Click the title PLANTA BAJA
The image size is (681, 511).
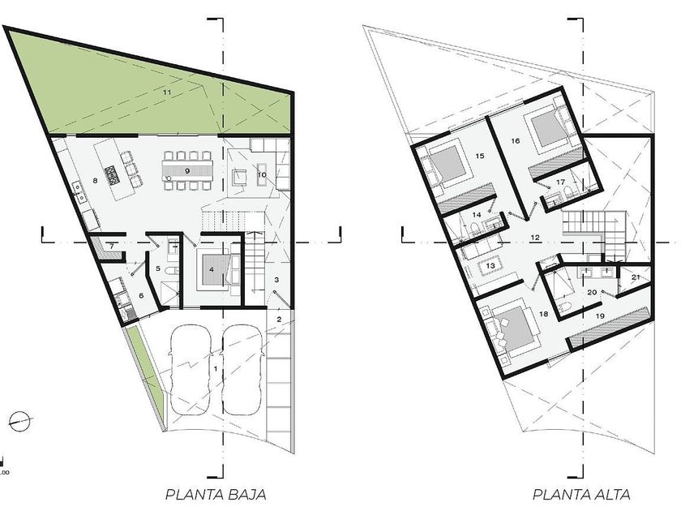click(216, 495)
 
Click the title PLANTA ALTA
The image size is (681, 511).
click(581, 495)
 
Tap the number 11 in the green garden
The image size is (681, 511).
click(167, 92)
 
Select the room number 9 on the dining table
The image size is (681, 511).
click(187, 171)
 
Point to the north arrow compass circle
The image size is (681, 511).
click(20, 421)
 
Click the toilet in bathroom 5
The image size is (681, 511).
click(172, 271)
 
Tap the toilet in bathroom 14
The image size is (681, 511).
click(474, 230)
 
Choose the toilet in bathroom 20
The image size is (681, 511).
click(564, 307)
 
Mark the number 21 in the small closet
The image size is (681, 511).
click(636, 277)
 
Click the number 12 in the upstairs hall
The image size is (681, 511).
click(534, 237)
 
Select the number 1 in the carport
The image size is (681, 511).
click(216, 369)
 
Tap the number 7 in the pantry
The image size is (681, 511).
click(112, 247)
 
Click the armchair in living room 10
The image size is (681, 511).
click(240, 177)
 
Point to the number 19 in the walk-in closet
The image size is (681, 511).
click(600, 316)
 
